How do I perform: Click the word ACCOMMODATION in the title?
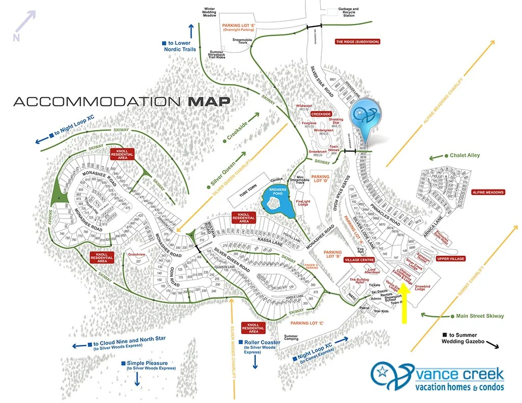[97, 101]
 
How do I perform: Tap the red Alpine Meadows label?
[488, 192]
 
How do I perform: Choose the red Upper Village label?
[450, 259]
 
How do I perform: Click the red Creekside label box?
[321, 114]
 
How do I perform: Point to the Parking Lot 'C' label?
[307, 323]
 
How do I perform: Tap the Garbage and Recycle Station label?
[349, 12]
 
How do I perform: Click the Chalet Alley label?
[465, 155]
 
